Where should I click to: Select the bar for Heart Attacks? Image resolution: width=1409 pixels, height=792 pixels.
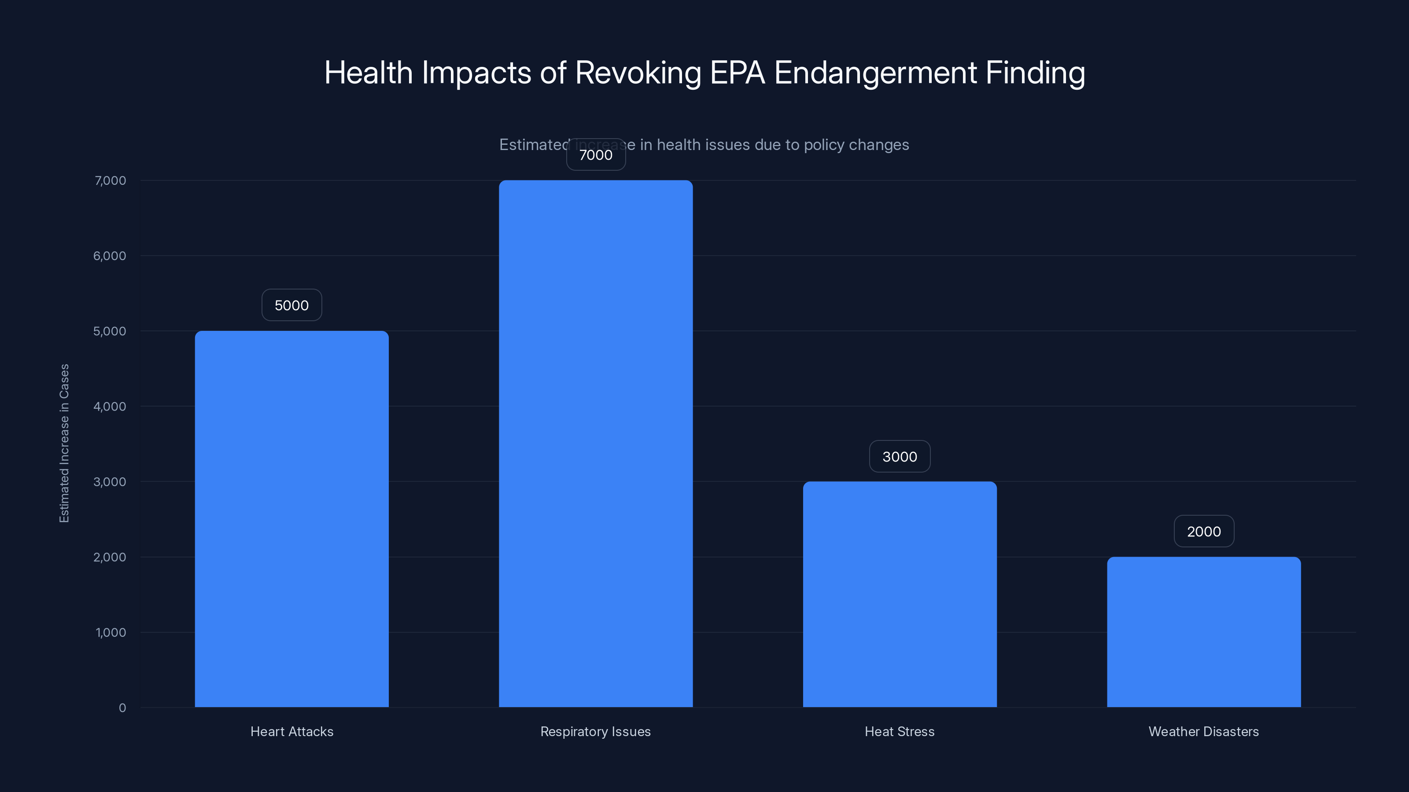pyautogui.click(x=291, y=519)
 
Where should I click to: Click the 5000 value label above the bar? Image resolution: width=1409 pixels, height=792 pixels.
pyautogui.click(x=291, y=305)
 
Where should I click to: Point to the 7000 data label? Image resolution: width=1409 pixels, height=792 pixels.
pyautogui.click(x=596, y=155)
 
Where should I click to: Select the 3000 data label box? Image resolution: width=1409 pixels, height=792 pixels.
pyautogui.click(x=900, y=456)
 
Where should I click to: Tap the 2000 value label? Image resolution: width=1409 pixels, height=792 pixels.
pyautogui.click(x=1204, y=531)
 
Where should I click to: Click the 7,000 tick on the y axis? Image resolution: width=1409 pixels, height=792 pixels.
pyautogui.click(x=111, y=180)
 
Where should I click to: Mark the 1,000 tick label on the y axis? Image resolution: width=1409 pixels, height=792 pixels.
pyautogui.click(x=111, y=632)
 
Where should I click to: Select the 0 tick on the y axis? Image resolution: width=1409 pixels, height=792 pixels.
pyautogui.click(x=122, y=708)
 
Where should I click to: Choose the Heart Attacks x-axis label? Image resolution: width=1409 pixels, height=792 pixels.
pyautogui.click(x=291, y=731)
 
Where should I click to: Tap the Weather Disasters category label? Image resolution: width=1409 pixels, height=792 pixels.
pyautogui.click(x=1203, y=731)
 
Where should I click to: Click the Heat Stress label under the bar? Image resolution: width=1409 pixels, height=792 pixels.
pyautogui.click(x=899, y=731)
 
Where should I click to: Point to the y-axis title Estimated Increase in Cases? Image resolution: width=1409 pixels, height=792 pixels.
pyautogui.click(x=64, y=443)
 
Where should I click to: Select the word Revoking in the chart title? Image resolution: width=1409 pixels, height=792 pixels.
pyautogui.click(x=638, y=73)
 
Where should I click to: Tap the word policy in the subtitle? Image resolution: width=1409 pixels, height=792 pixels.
pyautogui.click(x=824, y=145)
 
